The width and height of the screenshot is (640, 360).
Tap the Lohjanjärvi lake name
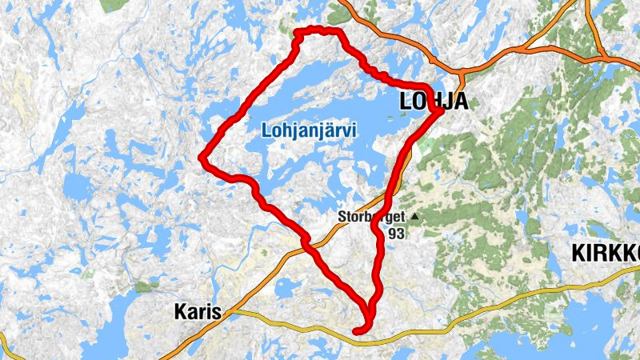(x=308, y=129)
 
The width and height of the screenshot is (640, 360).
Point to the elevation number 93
(x=398, y=234)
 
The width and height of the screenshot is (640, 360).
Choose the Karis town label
(x=197, y=312)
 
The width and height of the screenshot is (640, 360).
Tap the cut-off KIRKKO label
(x=606, y=254)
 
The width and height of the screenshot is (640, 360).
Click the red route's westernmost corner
(x=202, y=158)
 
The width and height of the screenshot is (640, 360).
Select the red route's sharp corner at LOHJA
(x=441, y=111)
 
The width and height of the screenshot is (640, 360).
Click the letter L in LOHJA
(x=405, y=101)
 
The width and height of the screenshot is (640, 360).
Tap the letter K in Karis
(x=180, y=312)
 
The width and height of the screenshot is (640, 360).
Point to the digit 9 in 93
(x=393, y=234)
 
